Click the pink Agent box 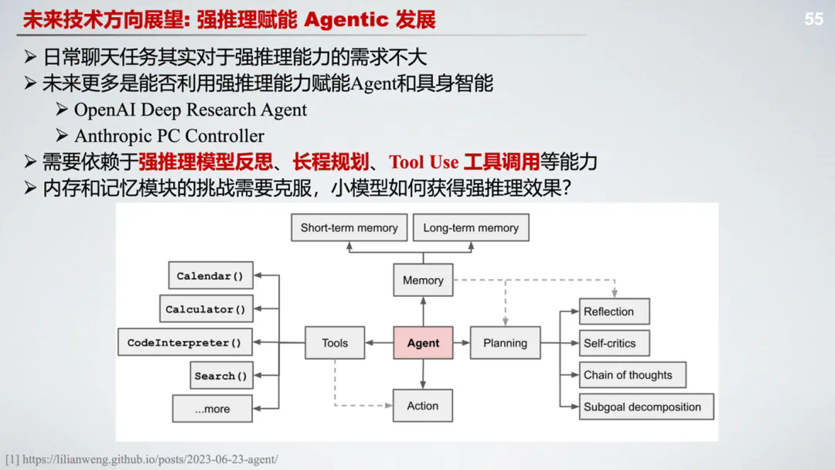[x=423, y=343]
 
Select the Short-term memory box [x=349, y=228]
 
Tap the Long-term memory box [x=471, y=228]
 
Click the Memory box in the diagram [x=423, y=281]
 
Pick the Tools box [x=335, y=343]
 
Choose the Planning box [x=505, y=343]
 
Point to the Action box [x=423, y=406]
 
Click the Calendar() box [x=210, y=276]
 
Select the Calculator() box [x=205, y=309]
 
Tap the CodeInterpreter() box [x=184, y=342]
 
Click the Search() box [x=221, y=376]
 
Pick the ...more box [x=212, y=409]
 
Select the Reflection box [x=614, y=312]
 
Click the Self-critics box [x=614, y=343]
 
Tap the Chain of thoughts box [x=632, y=375]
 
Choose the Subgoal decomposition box [x=646, y=407]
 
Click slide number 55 [x=813, y=19]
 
